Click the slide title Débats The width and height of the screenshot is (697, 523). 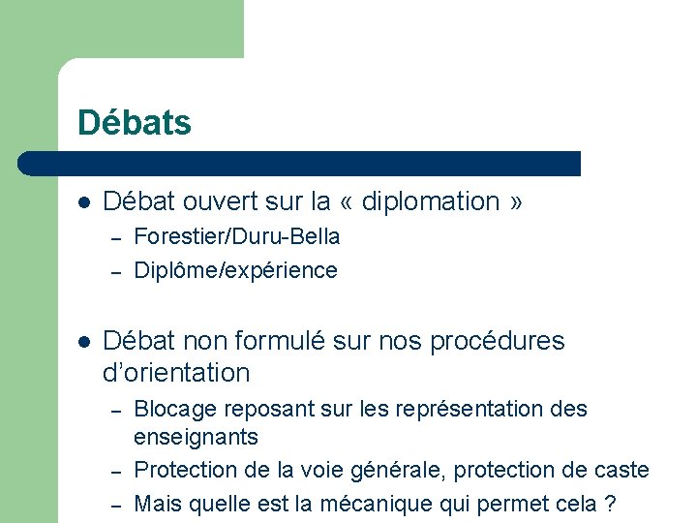pos(135,123)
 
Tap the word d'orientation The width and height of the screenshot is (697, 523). pos(175,373)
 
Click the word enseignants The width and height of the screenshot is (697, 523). pos(196,437)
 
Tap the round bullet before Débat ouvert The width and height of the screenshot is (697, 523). pos(84,202)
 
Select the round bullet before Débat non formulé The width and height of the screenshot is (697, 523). pos(84,342)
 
